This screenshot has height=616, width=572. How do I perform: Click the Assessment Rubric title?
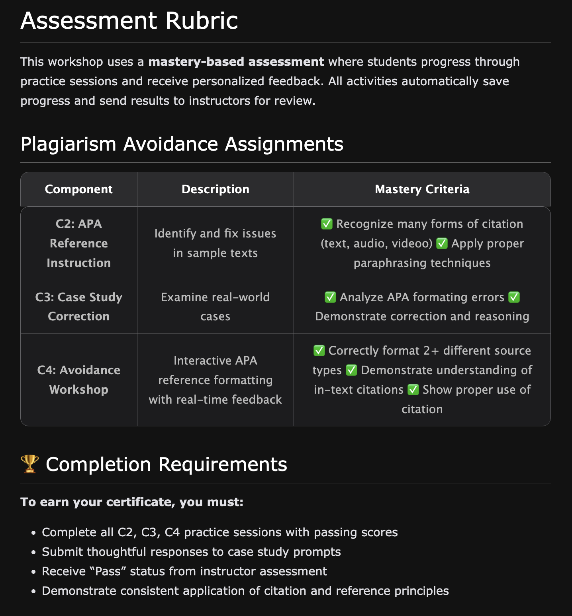tap(129, 21)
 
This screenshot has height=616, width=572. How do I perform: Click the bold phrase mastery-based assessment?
tap(236, 62)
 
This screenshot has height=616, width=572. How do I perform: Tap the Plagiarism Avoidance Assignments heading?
tap(182, 144)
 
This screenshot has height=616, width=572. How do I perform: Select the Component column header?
tap(78, 189)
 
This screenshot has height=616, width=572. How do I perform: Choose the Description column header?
tap(215, 189)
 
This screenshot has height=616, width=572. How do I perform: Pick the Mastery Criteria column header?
tap(422, 189)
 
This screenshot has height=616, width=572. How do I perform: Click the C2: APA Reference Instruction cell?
tap(78, 243)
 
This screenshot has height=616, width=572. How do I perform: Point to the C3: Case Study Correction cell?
tap(78, 306)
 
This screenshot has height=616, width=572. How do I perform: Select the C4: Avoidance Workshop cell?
tap(78, 380)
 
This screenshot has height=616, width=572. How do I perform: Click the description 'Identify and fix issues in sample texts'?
tap(215, 243)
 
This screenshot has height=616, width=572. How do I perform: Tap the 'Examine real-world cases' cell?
tap(215, 306)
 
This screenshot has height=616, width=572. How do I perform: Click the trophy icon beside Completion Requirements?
tap(29, 464)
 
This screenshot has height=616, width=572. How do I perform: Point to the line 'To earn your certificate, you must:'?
tap(131, 502)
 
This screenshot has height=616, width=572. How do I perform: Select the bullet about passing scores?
tap(219, 532)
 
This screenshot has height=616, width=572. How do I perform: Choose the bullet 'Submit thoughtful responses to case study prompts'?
tap(191, 552)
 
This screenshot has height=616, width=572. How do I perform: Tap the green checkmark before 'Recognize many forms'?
tap(327, 224)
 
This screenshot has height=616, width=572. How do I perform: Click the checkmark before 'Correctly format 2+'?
tap(319, 351)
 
